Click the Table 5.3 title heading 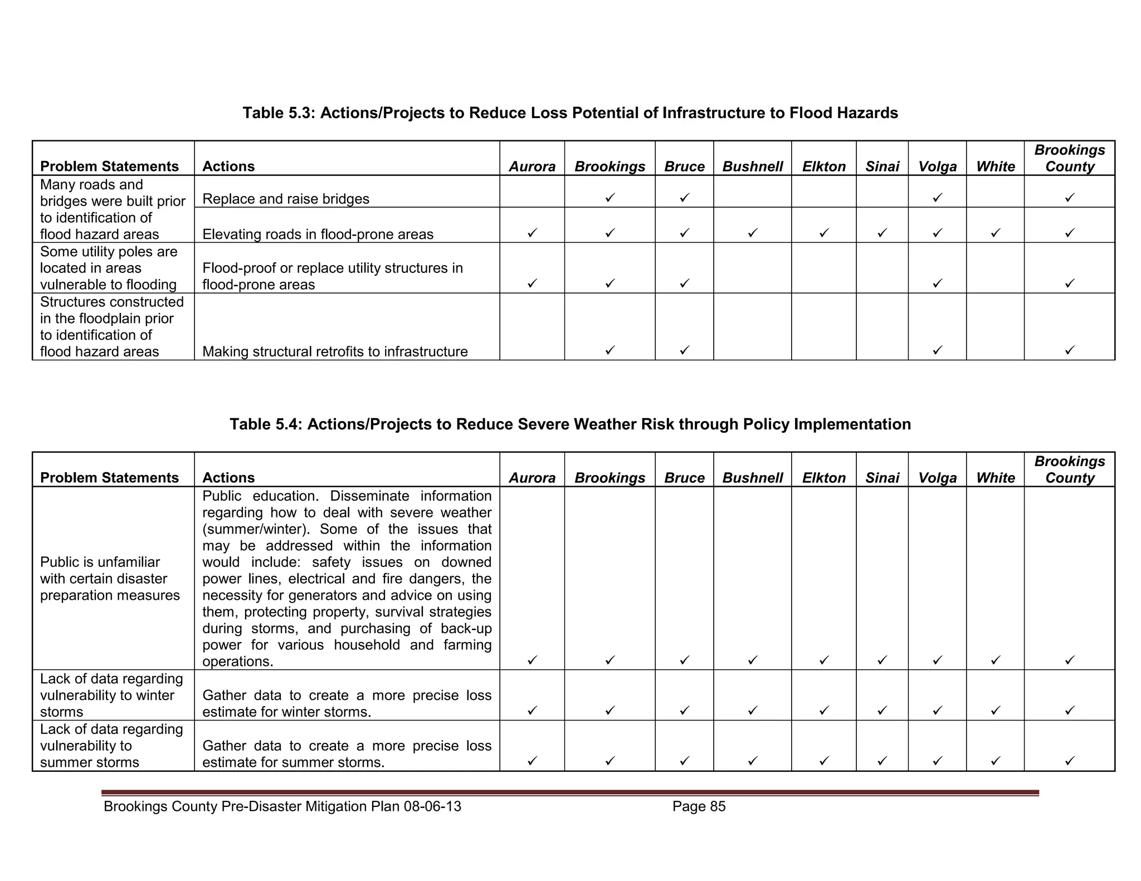tap(570, 113)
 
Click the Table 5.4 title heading tap(570, 424)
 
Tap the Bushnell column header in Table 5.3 tap(752, 167)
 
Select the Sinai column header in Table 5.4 tap(882, 478)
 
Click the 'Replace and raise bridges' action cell tap(286, 199)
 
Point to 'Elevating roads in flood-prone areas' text tap(318, 234)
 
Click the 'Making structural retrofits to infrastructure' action tap(335, 351)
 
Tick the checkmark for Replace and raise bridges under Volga tap(937, 198)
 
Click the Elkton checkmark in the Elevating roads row tap(823, 233)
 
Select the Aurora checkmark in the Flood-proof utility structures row tap(532, 283)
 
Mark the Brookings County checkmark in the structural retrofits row tap(1069, 350)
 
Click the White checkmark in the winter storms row tap(995, 711)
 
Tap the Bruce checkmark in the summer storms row tap(684, 761)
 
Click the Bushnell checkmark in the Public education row tap(752, 660)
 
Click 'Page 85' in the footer tap(699, 806)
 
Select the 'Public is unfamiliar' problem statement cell tap(110, 579)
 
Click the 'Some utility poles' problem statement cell tap(109, 268)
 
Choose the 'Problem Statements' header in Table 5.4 tap(109, 478)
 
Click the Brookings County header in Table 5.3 tap(1069, 159)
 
